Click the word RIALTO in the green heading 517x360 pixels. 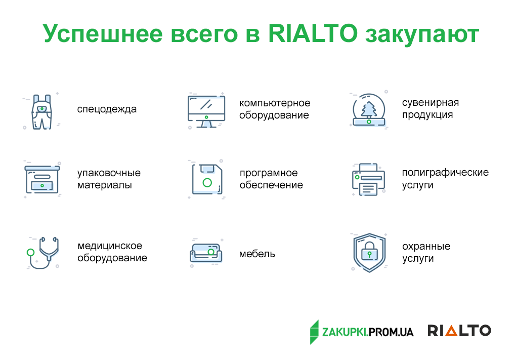click(x=313, y=33)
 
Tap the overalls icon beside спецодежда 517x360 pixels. click(x=41, y=112)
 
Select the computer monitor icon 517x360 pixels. click(x=206, y=111)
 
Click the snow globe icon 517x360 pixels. click(x=369, y=110)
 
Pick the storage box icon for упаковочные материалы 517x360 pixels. click(x=42, y=179)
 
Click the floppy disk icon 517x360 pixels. click(x=207, y=179)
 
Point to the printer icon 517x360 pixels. click(x=369, y=180)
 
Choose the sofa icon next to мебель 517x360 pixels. click(x=206, y=254)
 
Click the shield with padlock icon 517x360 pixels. click(x=369, y=253)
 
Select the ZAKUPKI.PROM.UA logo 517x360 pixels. click(x=361, y=332)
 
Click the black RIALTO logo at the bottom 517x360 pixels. click(x=459, y=331)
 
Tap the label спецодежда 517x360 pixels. click(x=107, y=109)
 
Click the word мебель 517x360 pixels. click(x=257, y=254)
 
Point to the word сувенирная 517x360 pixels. click(x=430, y=103)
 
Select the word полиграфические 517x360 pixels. click(x=445, y=173)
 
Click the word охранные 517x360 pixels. click(x=426, y=247)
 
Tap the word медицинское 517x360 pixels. click(x=110, y=246)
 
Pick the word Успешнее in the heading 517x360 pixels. click(x=103, y=34)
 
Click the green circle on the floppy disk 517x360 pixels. click(x=207, y=182)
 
